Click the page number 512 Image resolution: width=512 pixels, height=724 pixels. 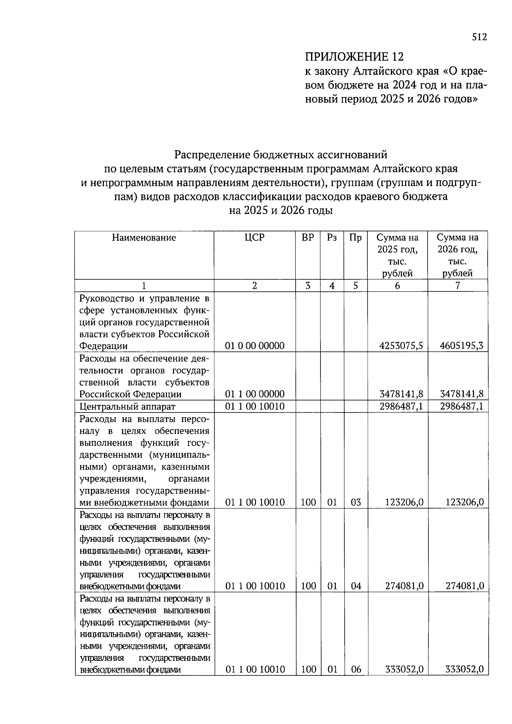tap(479, 38)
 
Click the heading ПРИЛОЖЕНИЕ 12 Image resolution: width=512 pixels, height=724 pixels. tap(354, 57)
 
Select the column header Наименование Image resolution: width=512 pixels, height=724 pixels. tap(144, 238)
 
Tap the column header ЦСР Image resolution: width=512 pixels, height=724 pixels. tap(254, 238)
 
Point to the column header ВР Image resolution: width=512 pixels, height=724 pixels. tap(308, 238)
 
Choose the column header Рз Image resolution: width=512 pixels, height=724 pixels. tap(332, 238)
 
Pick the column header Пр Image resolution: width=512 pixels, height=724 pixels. tap(355, 238)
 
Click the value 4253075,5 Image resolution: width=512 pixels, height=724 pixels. tap(401, 346)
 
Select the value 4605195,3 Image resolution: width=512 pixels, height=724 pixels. tap(461, 346)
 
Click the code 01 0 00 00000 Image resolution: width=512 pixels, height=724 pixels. tap(255, 346)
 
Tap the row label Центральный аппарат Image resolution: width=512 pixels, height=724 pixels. tap(128, 407)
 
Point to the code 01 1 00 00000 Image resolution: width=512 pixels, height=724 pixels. tap(255, 394)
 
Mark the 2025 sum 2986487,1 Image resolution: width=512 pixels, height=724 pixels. tap(401, 406)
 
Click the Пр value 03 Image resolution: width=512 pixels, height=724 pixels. tap(355, 502)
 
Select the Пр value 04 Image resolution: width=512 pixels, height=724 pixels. tap(355, 586)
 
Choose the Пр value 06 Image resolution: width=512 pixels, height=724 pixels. tap(355, 669)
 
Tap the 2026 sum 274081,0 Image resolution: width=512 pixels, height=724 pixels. tap(464, 586)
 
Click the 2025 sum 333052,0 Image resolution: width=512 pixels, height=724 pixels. tap(404, 669)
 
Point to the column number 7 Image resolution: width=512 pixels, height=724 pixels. tap(457, 286)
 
